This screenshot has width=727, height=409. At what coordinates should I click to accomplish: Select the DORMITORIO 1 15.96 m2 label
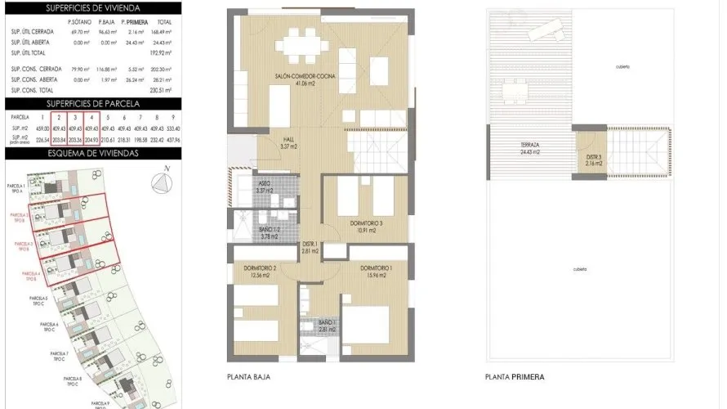coord(375,272)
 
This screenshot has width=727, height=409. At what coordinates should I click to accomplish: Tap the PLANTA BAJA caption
coord(248,377)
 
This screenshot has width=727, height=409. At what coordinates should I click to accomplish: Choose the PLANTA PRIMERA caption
coord(514,377)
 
